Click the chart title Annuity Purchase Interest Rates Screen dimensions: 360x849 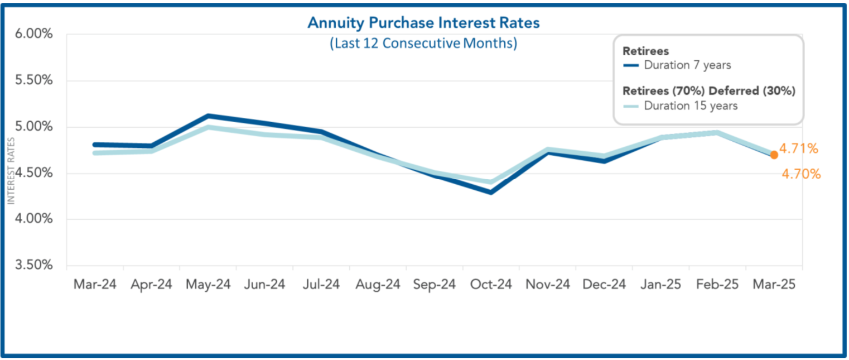[424, 23]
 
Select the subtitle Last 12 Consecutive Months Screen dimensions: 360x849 [423, 43]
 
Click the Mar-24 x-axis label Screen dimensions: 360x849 [95, 284]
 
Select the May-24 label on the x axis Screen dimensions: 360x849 [208, 284]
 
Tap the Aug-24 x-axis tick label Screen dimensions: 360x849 [378, 284]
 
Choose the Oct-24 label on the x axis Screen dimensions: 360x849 [491, 284]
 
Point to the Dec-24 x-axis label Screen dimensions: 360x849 [604, 284]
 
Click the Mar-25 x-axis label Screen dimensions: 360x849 [774, 284]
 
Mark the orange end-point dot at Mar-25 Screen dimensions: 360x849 [774, 155]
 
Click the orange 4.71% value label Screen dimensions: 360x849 [799, 148]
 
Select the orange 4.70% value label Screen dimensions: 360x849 [801, 174]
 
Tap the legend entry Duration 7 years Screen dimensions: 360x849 [687, 65]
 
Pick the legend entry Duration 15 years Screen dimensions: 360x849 [690, 105]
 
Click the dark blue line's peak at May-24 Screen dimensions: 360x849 [208, 116]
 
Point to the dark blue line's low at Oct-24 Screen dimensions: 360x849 [491, 192]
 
